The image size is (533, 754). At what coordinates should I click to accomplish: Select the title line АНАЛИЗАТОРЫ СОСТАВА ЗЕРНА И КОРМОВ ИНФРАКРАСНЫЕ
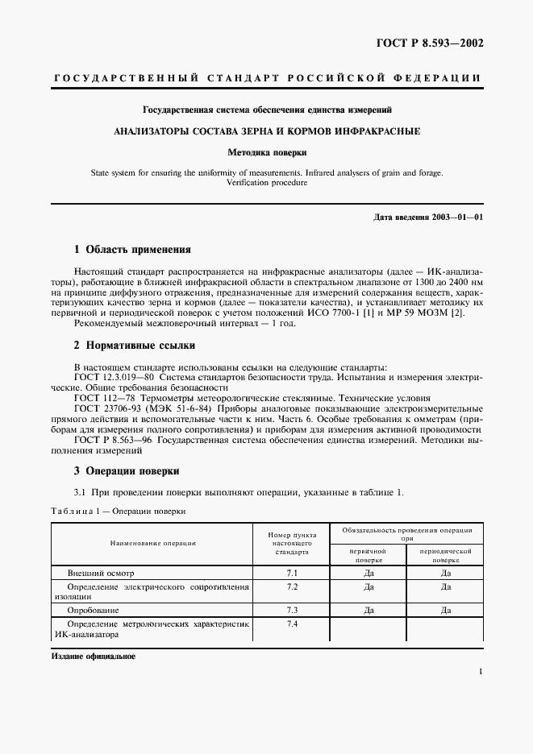click(x=266, y=130)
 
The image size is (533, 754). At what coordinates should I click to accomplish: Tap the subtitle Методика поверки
click(x=266, y=151)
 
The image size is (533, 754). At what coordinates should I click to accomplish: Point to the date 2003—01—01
click(x=456, y=217)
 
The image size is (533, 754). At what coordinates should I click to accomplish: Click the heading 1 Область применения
click(x=132, y=250)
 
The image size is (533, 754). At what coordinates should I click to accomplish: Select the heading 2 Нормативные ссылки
click(x=135, y=346)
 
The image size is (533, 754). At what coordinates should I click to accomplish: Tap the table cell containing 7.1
click(x=291, y=573)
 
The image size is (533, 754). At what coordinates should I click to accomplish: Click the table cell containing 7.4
click(x=291, y=624)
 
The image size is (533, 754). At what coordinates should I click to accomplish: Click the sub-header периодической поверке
click(x=445, y=555)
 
